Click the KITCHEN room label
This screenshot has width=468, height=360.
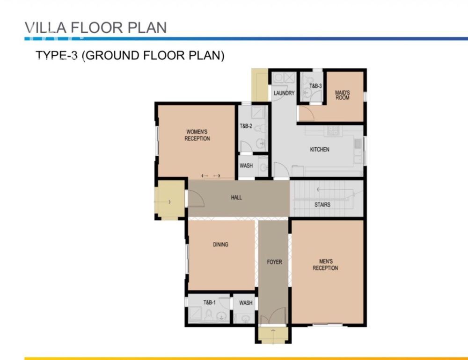(320, 150)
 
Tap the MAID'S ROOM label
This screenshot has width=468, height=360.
(343, 95)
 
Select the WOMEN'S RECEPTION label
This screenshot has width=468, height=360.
(197, 135)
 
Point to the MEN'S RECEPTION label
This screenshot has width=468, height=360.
(325, 265)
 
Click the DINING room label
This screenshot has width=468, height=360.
(220, 245)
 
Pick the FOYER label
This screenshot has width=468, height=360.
(274, 262)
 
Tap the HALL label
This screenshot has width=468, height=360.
(236, 197)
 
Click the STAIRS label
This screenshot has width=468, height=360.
(322, 205)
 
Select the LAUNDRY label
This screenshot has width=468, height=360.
(284, 93)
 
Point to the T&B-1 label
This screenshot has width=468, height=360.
(210, 302)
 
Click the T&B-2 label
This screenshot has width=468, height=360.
(246, 126)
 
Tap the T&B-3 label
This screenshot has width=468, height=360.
(315, 86)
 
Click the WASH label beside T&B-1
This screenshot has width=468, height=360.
(246, 303)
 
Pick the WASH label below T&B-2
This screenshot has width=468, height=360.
(246, 166)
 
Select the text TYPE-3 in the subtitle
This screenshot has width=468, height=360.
(57, 56)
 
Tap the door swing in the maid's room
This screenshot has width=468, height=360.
(307, 113)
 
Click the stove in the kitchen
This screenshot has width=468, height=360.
(333, 130)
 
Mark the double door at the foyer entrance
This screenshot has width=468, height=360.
(273, 316)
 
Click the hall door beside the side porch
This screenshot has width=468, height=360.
(196, 198)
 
